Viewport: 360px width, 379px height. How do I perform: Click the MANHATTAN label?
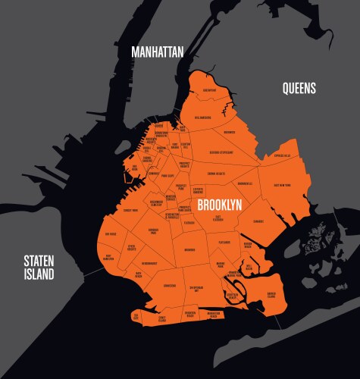[158, 52]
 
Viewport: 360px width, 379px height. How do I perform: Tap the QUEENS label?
[299, 89]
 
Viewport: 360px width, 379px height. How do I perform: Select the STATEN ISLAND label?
[39, 267]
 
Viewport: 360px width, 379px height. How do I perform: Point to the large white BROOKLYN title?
[219, 205]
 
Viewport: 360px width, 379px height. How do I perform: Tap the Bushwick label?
[230, 132]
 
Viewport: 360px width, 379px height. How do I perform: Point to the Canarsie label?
[258, 221]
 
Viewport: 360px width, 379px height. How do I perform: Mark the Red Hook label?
[134, 168]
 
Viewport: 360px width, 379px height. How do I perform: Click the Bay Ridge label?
[111, 234]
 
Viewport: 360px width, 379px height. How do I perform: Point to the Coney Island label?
[161, 319]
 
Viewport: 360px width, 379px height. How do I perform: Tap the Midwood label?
[189, 249]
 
